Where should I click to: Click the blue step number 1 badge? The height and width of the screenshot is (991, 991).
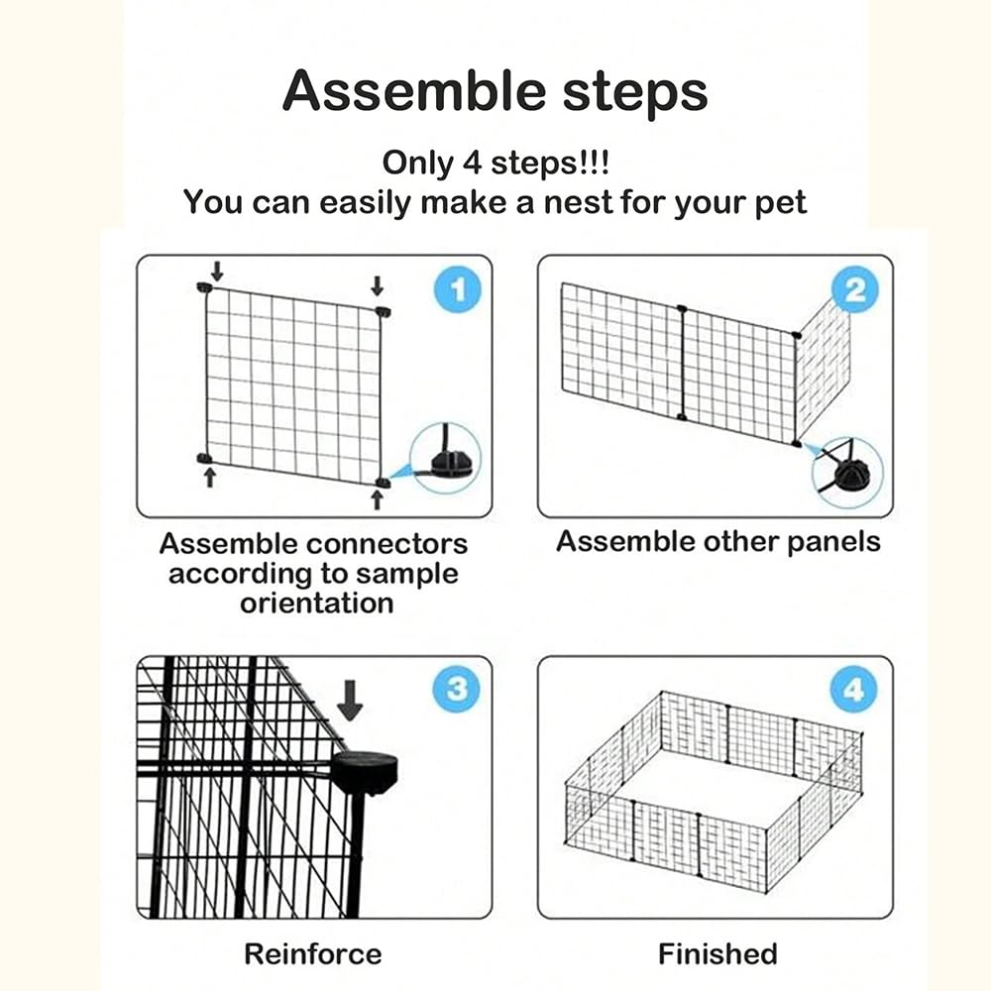pos(457,290)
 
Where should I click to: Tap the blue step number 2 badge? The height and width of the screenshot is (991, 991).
pos(855,289)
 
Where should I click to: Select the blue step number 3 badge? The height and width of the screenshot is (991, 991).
pos(456,689)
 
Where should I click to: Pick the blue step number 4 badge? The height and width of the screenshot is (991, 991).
pos(854,689)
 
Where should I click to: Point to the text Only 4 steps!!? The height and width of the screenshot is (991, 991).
pos(495,163)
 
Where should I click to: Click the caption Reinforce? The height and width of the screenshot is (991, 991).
pos(313,954)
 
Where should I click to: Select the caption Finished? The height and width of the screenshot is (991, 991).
pos(717,954)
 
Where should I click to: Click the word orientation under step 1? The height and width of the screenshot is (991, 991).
pos(316,603)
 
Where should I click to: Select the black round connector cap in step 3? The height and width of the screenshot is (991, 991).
pos(364,771)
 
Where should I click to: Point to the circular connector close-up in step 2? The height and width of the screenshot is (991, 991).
pos(847,473)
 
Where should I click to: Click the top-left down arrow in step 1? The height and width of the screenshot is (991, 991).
pos(217,270)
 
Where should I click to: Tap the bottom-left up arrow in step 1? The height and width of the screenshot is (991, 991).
pos(209,479)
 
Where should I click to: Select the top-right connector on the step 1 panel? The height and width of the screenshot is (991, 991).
pos(383,312)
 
